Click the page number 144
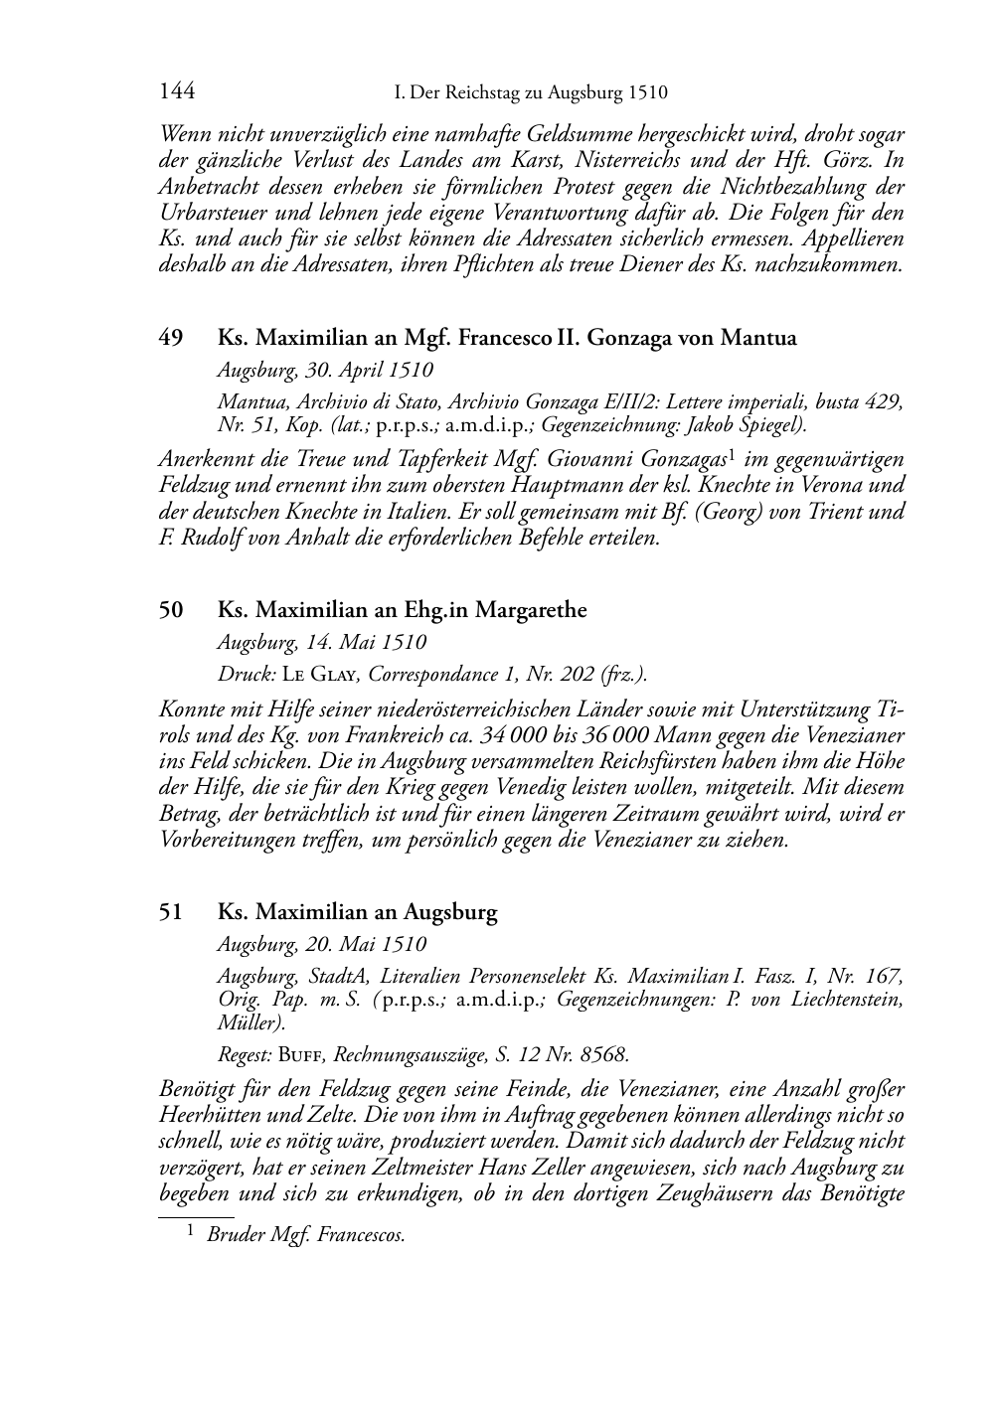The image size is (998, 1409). pyautogui.click(x=176, y=92)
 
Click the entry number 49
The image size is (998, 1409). pyautogui.click(x=170, y=338)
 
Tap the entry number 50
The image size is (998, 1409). pyautogui.click(x=170, y=610)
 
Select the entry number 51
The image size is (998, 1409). pyautogui.click(x=170, y=912)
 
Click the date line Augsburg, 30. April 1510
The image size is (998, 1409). pyautogui.click(x=325, y=371)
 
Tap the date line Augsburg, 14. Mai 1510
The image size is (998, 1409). pyautogui.click(x=321, y=643)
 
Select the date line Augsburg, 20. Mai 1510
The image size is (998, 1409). pyautogui.click(x=321, y=945)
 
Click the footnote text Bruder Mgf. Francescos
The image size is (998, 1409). pyautogui.click(x=305, y=1236)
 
